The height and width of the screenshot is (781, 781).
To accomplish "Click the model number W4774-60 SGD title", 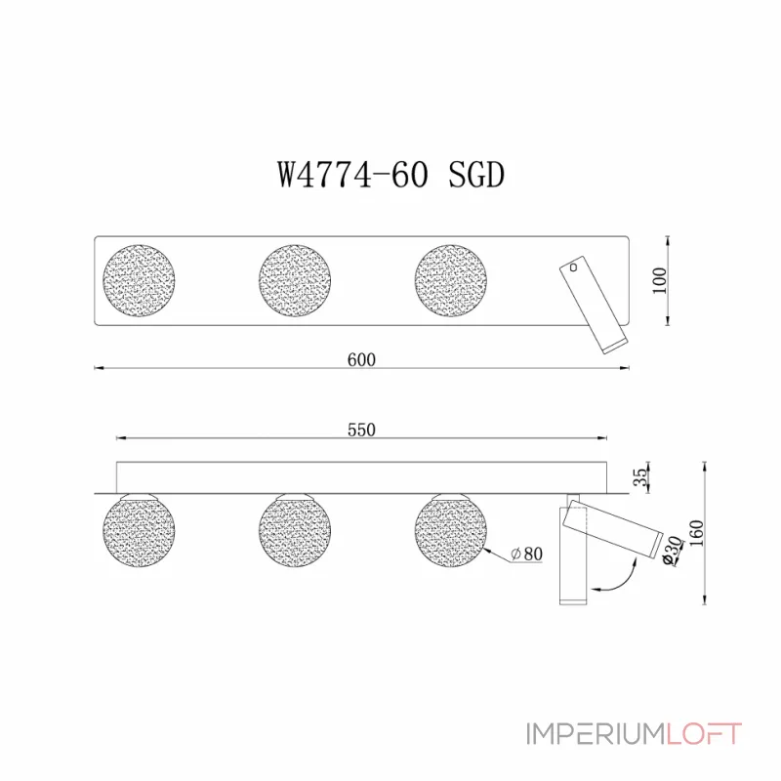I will click(390, 176).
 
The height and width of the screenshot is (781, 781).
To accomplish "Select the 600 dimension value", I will click(361, 358).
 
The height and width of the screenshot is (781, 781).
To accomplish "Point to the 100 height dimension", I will click(660, 280).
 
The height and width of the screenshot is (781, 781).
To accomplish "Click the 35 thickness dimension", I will click(640, 477).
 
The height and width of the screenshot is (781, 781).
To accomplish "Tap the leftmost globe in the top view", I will click(141, 279).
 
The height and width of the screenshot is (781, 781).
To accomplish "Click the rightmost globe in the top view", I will click(450, 279).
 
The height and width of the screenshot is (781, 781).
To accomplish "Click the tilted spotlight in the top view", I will click(594, 305).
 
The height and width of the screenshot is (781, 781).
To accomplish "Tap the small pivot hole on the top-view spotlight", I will click(575, 266).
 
